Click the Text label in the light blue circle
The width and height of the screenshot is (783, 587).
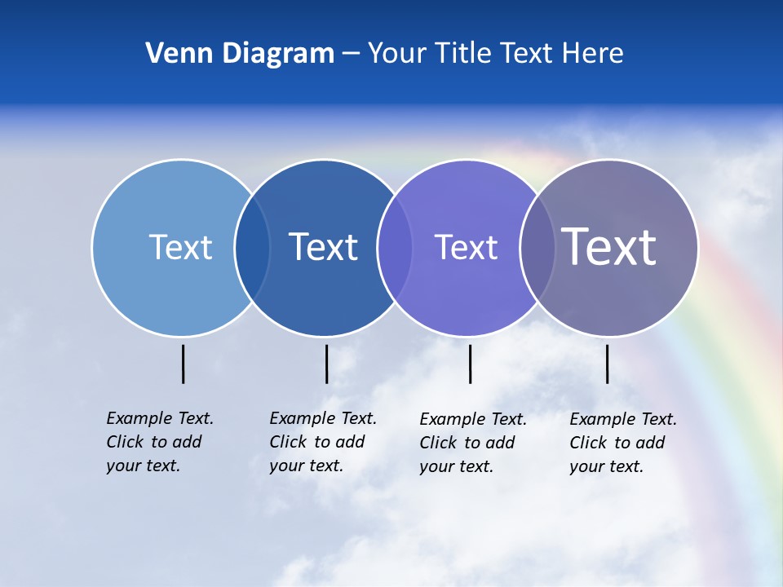point(180,247)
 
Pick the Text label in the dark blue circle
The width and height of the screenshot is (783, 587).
point(324,247)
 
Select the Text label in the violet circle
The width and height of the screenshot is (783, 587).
point(466,247)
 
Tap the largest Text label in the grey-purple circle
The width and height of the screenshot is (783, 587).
point(609,247)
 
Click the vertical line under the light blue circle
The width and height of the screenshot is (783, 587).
point(183,364)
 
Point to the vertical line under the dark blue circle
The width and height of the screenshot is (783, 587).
point(326,364)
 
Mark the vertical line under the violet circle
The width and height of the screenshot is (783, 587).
point(470,364)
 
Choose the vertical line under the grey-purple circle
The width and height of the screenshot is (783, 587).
point(607,364)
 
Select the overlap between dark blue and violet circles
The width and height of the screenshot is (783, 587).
point(396,248)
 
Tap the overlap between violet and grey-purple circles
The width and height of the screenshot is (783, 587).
point(537,248)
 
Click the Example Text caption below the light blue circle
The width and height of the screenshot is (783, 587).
point(160,442)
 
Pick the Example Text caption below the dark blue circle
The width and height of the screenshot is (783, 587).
point(323,442)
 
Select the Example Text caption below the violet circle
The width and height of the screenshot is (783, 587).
point(473,443)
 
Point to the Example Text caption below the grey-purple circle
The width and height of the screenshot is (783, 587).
point(623,443)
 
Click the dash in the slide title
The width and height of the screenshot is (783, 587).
point(351,54)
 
